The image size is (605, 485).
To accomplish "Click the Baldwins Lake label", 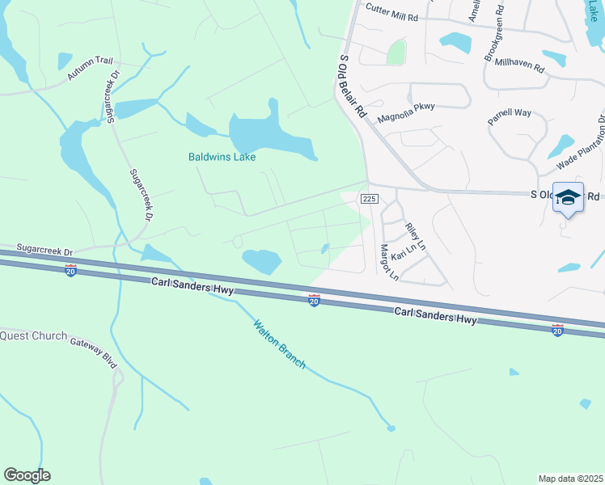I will pos(222,157).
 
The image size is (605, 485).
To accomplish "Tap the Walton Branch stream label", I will pos(279,344).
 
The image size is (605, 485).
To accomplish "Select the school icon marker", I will pos(568,198).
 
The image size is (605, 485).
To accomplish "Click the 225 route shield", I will pos(369,199).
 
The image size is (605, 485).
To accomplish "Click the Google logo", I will pos(27,475).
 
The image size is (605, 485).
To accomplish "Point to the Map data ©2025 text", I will pos(569,479).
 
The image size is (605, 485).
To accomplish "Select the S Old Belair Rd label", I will pos(353,87).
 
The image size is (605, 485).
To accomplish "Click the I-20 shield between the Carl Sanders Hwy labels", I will pos(314,300).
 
